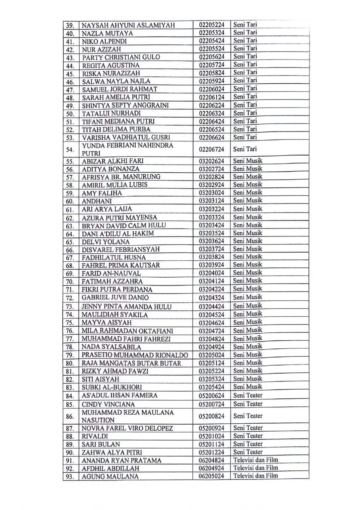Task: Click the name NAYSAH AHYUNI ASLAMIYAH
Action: tap(128, 26)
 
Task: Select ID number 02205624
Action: tap(212, 57)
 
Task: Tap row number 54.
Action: tap(70, 149)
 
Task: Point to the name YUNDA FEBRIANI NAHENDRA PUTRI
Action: tap(127, 149)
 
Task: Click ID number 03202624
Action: tap(212, 161)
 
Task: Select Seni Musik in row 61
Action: tap(248, 209)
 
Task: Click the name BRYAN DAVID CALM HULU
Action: tap(124, 225)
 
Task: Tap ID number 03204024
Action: tap(212, 273)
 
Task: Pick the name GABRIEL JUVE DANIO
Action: tap(115, 297)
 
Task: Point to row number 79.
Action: tap(70, 355)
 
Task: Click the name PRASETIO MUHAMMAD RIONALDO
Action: tap(135, 355)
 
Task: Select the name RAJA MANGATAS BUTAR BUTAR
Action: tap(131, 363)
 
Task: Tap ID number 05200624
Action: tap(212, 395)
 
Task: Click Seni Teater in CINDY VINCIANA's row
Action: tap(248, 404)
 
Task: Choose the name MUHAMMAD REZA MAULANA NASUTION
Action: tap(127, 416)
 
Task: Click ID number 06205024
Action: tap(212, 476)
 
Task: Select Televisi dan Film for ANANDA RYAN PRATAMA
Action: tap(255, 460)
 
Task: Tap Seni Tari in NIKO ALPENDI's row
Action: tap(245, 41)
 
